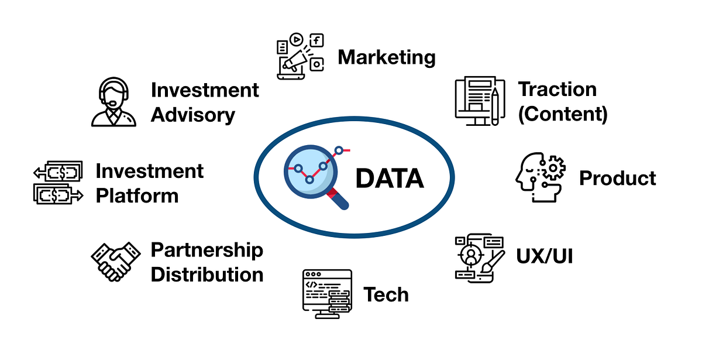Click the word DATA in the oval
click(x=389, y=178)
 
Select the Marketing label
click(x=387, y=57)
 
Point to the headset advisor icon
click(x=113, y=102)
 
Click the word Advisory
click(x=193, y=115)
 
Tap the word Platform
click(x=137, y=195)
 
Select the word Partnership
click(x=207, y=250)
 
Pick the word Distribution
click(x=207, y=274)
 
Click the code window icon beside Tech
click(x=326, y=293)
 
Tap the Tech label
click(x=386, y=294)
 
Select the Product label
click(x=618, y=178)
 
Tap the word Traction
click(x=557, y=90)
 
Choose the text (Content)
click(x=563, y=114)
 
